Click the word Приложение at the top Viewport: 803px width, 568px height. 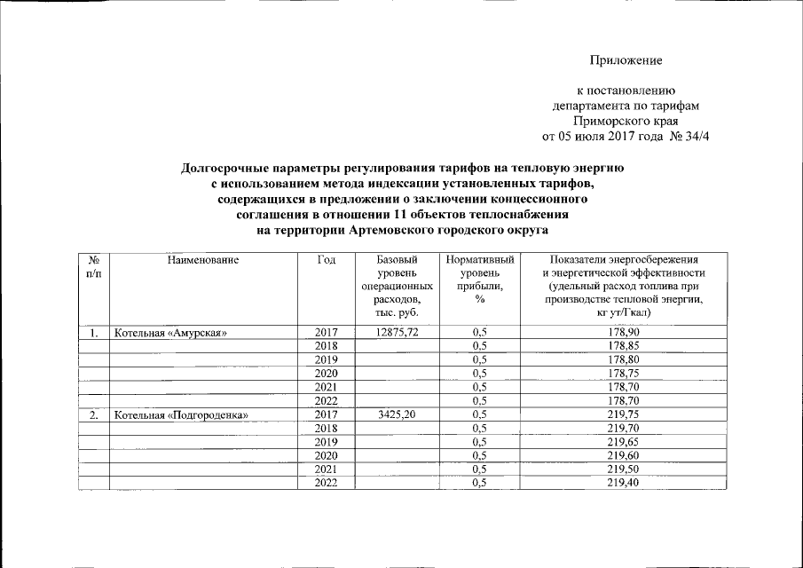pyautogui.click(x=626, y=60)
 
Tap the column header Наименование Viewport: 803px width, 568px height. pyautogui.click(x=202, y=260)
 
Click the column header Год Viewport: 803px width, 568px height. pyautogui.click(x=325, y=260)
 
